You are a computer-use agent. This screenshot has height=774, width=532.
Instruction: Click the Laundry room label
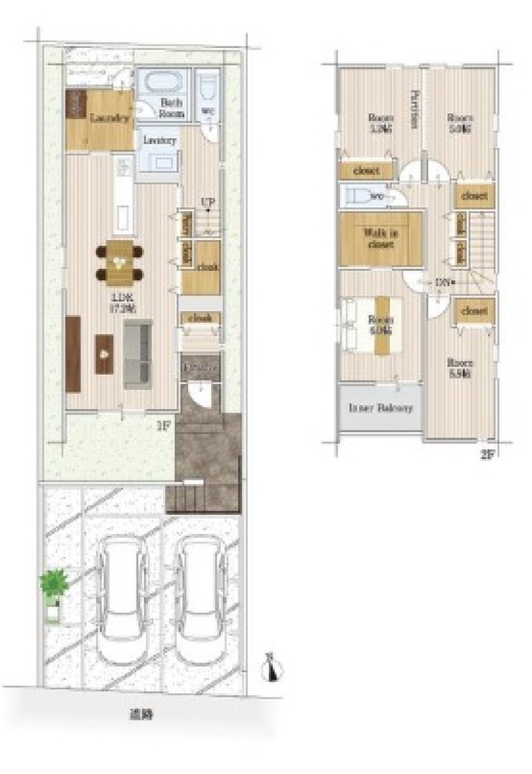[x=110, y=119]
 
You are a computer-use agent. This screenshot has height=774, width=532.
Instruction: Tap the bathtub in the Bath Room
[x=163, y=84]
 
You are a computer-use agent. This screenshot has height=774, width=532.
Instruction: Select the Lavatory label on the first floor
[x=160, y=141]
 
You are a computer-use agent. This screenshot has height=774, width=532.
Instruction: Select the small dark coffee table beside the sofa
[x=104, y=354]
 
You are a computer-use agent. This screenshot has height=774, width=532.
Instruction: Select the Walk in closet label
[x=380, y=238]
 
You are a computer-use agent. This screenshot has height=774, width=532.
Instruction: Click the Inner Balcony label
[x=380, y=409]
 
